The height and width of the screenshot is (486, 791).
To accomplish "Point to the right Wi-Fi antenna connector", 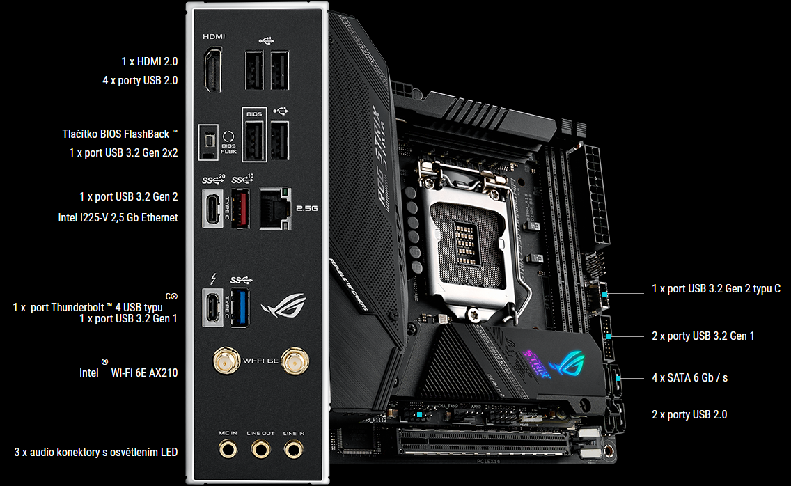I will tap(295, 361).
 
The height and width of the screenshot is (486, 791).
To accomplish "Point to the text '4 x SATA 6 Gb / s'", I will tap(689, 377).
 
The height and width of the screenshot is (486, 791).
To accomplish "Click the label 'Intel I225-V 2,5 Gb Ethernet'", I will tap(118, 217).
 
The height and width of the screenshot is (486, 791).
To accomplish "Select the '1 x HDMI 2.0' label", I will tap(150, 61).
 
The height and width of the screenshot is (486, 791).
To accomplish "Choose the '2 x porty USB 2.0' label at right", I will tap(689, 414).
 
